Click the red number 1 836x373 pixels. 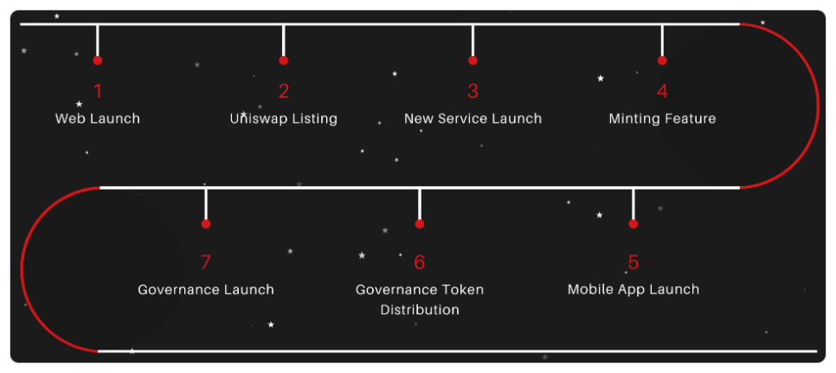pyautogui.click(x=98, y=91)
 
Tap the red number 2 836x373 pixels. pyautogui.click(x=284, y=91)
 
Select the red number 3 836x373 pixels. pyautogui.click(x=473, y=91)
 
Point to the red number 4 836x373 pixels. pyautogui.click(x=662, y=91)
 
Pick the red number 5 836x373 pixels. pyautogui.click(x=633, y=261)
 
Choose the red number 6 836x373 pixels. pyautogui.click(x=420, y=261)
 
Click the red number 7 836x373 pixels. pyautogui.click(x=206, y=261)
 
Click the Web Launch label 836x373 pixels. pyautogui.click(x=98, y=119)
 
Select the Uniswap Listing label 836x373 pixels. pyautogui.click(x=284, y=119)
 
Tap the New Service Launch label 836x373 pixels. pyautogui.click(x=473, y=119)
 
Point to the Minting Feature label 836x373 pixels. pyautogui.click(x=662, y=119)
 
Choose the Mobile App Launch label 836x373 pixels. pyautogui.click(x=633, y=289)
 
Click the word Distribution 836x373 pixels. pyautogui.click(x=420, y=309)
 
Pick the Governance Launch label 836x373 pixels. pyautogui.click(x=206, y=289)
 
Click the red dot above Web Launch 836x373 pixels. pyautogui.click(x=98, y=61)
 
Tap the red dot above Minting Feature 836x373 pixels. pyautogui.click(x=662, y=61)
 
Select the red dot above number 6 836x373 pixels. pyautogui.click(x=420, y=223)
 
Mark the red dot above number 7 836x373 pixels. pyautogui.click(x=206, y=223)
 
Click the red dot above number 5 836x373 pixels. pyautogui.click(x=633, y=223)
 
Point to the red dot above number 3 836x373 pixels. pyautogui.click(x=473, y=61)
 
